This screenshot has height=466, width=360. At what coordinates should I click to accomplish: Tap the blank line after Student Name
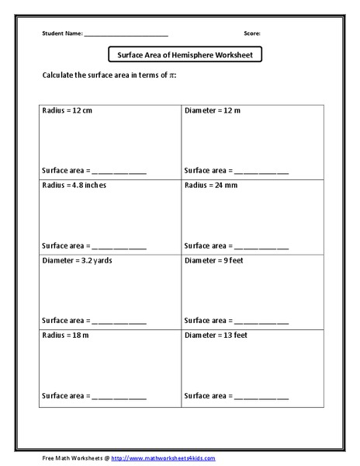click(x=125, y=35)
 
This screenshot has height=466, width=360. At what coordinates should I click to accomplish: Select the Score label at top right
click(x=252, y=34)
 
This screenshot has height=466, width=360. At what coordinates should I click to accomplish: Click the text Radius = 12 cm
click(x=67, y=111)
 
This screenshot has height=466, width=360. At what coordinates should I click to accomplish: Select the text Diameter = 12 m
click(x=213, y=111)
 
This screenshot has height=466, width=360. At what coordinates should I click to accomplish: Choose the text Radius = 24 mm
click(x=210, y=186)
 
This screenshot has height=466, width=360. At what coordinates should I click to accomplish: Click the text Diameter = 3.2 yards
click(x=78, y=260)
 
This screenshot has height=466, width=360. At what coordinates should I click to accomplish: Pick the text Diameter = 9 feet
click(x=214, y=260)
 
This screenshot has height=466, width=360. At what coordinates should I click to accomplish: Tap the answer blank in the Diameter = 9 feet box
click(x=261, y=321)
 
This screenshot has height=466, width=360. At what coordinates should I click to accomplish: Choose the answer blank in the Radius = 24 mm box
click(x=261, y=246)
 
